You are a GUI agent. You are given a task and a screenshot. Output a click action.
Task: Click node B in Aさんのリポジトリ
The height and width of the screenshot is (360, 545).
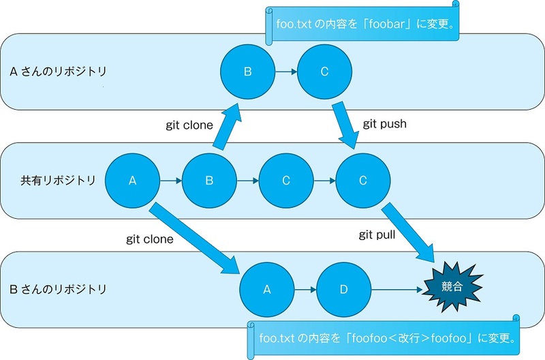click(247, 72)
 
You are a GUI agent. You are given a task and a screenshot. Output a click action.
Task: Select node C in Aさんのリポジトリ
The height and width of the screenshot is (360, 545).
click(324, 72)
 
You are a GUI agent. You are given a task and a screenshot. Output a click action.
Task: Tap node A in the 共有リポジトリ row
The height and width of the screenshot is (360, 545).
click(132, 181)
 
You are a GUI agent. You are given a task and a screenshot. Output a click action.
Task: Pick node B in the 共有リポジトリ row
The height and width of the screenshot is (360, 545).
click(209, 181)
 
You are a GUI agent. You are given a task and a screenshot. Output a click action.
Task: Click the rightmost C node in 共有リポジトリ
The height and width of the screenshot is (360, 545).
click(363, 181)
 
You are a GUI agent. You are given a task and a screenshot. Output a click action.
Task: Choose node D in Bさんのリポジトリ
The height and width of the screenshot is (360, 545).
click(343, 289)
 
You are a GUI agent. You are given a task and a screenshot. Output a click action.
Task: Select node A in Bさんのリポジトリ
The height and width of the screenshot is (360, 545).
click(266, 289)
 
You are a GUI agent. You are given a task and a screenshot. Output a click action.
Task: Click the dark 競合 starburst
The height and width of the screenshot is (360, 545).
click(452, 287)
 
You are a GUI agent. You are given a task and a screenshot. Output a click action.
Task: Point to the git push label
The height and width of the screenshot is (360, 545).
click(384, 124)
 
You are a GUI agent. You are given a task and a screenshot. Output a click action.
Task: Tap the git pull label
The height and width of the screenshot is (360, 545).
click(377, 235)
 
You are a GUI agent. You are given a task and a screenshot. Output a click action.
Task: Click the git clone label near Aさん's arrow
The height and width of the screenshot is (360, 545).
click(189, 125)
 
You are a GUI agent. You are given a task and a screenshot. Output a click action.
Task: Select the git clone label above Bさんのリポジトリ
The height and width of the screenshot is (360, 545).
click(149, 239)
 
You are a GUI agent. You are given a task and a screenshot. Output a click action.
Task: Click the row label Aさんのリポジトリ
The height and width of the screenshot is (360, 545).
click(58, 72)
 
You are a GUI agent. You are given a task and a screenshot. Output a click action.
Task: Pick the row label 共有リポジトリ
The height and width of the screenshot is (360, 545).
click(58, 180)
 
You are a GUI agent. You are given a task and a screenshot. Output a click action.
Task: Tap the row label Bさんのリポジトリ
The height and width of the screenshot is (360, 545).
click(58, 289)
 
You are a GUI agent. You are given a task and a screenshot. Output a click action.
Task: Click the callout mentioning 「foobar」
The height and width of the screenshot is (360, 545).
click(362, 24)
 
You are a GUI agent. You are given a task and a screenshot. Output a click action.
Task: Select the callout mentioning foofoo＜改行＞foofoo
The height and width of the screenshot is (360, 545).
click(384, 337)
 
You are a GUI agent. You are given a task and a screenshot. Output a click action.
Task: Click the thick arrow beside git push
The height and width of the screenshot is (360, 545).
click(345, 125)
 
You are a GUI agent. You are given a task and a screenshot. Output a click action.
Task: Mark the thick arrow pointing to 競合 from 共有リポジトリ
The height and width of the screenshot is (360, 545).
click(408, 232)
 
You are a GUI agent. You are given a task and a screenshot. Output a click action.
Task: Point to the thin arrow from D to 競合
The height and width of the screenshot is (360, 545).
click(397, 289)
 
